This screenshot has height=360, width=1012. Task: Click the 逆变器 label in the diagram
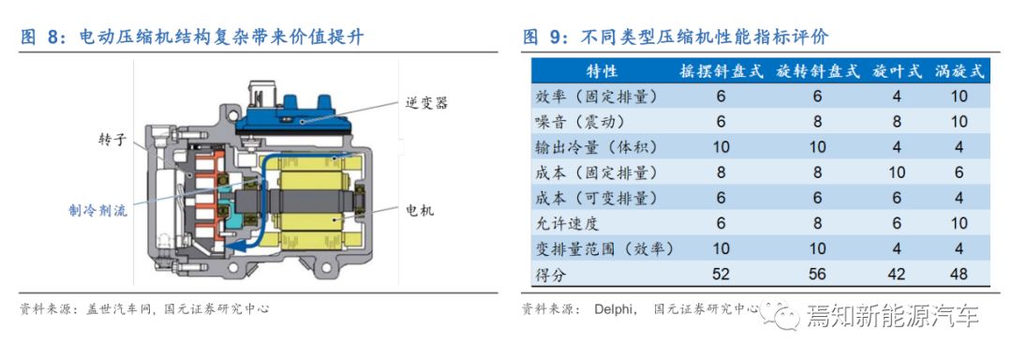pos(426,103)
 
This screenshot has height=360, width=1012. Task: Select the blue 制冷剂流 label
pos(98,210)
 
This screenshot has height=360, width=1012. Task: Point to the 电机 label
pos(420,210)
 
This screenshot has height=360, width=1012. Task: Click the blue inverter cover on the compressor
pos(293,116)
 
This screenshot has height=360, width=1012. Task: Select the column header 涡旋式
pos(960,71)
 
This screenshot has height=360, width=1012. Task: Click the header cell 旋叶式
pos(897,71)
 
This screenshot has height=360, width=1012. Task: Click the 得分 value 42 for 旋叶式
pos(897,274)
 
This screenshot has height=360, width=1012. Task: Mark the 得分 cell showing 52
pos(721,274)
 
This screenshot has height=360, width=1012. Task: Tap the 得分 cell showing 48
pos(960,274)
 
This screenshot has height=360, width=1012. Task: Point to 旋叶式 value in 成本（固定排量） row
pos(897,172)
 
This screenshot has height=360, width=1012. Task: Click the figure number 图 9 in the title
pos(541,37)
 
